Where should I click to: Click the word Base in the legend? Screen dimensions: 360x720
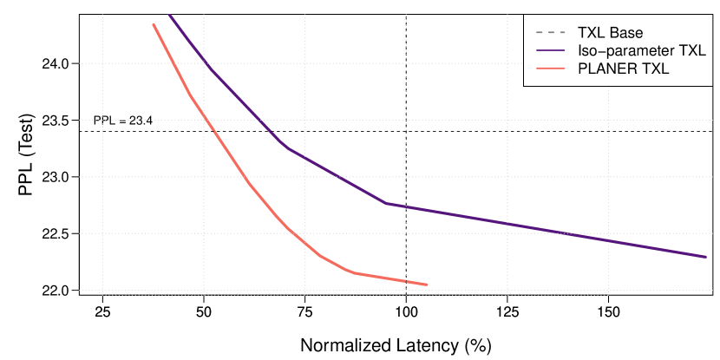click(627, 34)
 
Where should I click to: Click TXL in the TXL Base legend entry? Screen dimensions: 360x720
click(592, 34)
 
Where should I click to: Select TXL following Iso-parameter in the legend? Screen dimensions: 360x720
click(691, 52)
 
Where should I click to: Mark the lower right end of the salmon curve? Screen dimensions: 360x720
click(427, 285)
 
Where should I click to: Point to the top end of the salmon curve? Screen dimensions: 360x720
click(154, 24)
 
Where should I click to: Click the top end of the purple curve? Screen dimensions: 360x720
click(168, 14)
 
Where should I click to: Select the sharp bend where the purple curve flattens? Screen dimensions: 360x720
click(385, 204)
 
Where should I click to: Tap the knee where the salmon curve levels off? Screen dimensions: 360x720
click(354, 272)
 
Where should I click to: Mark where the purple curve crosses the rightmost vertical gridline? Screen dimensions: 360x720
click(608, 240)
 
